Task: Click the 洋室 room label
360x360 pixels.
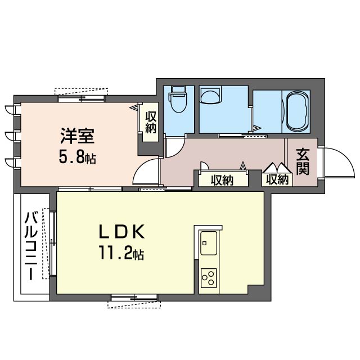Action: click(x=78, y=136)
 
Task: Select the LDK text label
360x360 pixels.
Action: click(x=121, y=232)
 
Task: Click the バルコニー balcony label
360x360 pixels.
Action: click(x=31, y=246)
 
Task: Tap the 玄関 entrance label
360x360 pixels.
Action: click(x=303, y=161)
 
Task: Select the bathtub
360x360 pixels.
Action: click(x=298, y=111)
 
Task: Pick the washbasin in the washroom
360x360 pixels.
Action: click(x=210, y=96)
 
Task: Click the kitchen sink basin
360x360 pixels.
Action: click(x=209, y=243)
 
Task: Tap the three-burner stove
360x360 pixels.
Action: click(x=209, y=278)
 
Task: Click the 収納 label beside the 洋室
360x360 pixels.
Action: click(x=151, y=122)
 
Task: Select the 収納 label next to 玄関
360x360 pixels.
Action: click(x=277, y=179)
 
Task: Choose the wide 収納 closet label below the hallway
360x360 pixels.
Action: click(x=222, y=180)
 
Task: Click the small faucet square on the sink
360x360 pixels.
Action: click(x=204, y=243)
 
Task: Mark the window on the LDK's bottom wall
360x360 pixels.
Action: click(x=134, y=298)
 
